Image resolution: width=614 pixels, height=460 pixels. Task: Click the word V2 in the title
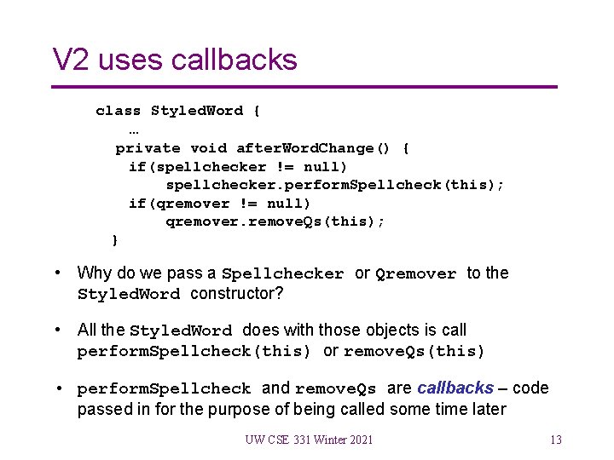pyautogui.click(x=71, y=60)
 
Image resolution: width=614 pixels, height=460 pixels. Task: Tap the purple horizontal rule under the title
pyautogui.click(x=304, y=87)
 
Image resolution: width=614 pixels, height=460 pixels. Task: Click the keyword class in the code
pyautogui.click(x=119, y=111)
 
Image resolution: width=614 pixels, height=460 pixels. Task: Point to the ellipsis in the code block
pyautogui.click(x=134, y=129)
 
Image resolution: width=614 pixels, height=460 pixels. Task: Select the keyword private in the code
pyautogui.click(x=148, y=148)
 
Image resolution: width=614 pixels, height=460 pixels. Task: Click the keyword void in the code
pyautogui.click(x=209, y=148)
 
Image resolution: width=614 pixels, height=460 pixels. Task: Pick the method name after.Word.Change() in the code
pyautogui.click(x=313, y=148)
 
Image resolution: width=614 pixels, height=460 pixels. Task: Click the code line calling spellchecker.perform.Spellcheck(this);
pyautogui.click(x=335, y=185)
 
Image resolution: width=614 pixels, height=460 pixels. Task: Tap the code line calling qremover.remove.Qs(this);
pyautogui.click(x=275, y=221)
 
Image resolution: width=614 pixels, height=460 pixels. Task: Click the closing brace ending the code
pyautogui.click(x=115, y=240)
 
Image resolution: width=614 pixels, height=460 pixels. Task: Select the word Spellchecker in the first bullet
pyautogui.click(x=282, y=274)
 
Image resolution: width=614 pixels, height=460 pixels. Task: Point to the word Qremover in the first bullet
pyautogui.click(x=416, y=274)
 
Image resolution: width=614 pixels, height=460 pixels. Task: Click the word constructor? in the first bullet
pyautogui.click(x=237, y=294)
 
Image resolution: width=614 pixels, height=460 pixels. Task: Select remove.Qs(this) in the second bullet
pyautogui.click(x=414, y=352)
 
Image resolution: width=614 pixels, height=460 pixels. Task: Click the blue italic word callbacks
pyautogui.click(x=455, y=388)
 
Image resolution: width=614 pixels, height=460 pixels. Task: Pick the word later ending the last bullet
pyautogui.click(x=487, y=409)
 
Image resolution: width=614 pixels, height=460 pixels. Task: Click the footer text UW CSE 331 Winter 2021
pyautogui.click(x=309, y=440)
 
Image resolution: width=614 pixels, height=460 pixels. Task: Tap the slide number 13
pyautogui.click(x=556, y=440)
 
